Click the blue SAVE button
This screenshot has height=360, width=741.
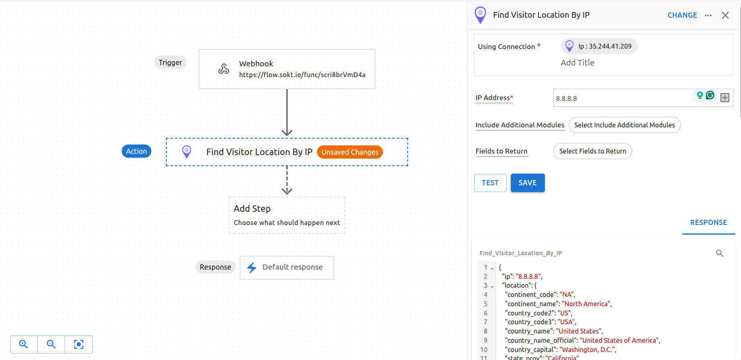pyautogui.click(x=527, y=183)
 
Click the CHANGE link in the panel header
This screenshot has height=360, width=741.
pyautogui.click(x=682, y=15)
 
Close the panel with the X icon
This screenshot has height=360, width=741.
pyautogui.click(x=725, y=15)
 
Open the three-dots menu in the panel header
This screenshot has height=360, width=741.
pyautogui.click(x=708, y=15)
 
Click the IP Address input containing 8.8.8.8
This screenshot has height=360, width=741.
pyautogui.click(x=623, y=98)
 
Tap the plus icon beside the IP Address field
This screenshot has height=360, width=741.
pyautogui.click(x=725, y=98)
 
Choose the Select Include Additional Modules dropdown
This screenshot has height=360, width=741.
pyautogui.click(x=624, y=125)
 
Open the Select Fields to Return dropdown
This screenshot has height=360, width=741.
pyautogui.click(x=592, y=151)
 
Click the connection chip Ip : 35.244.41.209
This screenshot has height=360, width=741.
pyautogui.click(x=599, y=46)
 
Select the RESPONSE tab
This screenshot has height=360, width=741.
pyautogui.click(x=708, y=223)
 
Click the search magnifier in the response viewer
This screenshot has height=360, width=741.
pyautogui.click(x=719, y=253)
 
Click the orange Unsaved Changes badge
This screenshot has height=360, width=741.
pyautogui.click(x=350, y=152)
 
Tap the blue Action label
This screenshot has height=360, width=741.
pyautogui.click(x=136, y=151)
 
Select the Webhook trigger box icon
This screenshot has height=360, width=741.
pyautogui.click(x=224, y=69)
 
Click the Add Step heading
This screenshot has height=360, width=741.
pyautogui.click(x=252, y=209)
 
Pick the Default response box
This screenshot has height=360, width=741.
pyautogui.click(x=287, y=267)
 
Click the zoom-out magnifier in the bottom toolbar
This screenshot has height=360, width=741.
pyautogui.click(x=51, y=344)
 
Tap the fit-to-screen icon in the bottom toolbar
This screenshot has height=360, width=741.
pyautogui.click(x=79, y=344)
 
